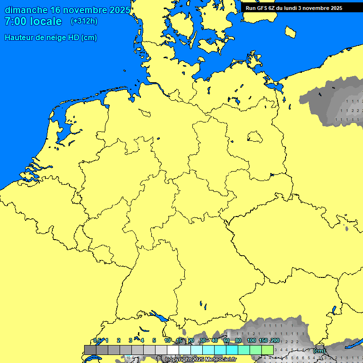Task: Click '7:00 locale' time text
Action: pyautogui.click(x=33, y=21)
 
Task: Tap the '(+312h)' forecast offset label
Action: pyautogui.click(x=84, y=21)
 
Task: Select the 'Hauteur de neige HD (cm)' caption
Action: pyautogui.click(x=51, y=38)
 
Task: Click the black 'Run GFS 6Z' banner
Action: pyautogui.click(x=294, y=8)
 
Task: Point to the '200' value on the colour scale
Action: pyautogui.click(x=275, y=340)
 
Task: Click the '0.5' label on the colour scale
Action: pyautogui.click(x=97, y=340)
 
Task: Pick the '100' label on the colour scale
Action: pyautogui.click(x=251, y=340)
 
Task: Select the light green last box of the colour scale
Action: pyautogui.click(x=268, y=350)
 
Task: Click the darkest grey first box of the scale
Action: pyautogui.click(x=90, y=350)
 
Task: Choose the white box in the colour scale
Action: pyautogui.click(x=173, y=350)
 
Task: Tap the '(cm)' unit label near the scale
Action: pyautogui.click(x=319, y=351)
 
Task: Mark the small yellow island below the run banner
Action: pyautogui.click(x=291, y=32)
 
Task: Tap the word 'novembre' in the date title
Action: pyautogui.click(x=88, y=10)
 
